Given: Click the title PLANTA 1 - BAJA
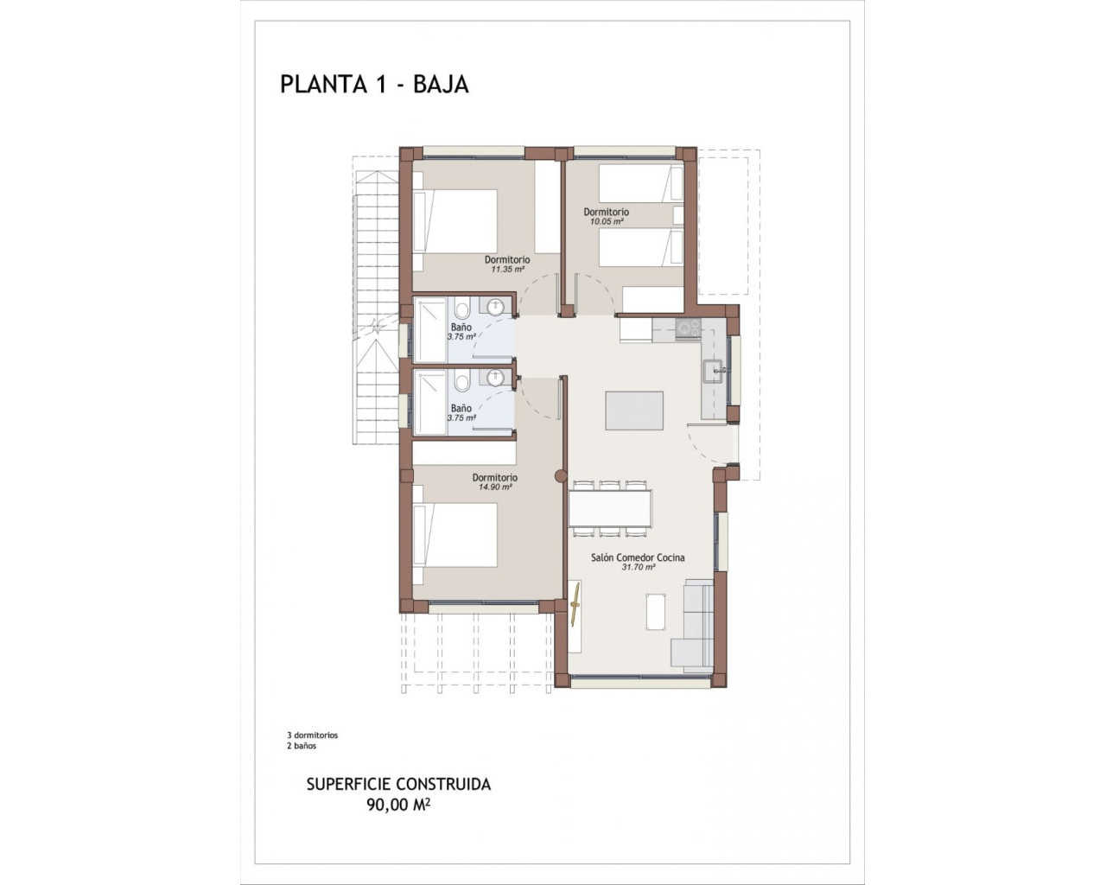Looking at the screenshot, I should [x=374, y=84].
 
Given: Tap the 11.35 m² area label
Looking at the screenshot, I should [x=507, y=270].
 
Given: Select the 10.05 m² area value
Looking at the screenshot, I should [x=606, y=221].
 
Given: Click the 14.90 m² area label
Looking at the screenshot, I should [x=495, y=487].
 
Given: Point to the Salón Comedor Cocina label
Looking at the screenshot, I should [x=638, y=557].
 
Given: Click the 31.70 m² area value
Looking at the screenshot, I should [x=638, y=568].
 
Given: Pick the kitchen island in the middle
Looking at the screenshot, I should [x=634, y=411].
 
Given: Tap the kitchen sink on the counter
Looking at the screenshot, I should [x=715, y=371].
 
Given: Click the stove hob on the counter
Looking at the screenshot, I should [x=688, y=328].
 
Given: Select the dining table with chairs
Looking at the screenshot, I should [x=609, y=507].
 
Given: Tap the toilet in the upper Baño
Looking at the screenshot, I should [x=462, y=309].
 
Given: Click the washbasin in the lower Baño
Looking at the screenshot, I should [x=496, y=378].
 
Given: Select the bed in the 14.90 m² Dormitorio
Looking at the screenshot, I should [x=456, y=535].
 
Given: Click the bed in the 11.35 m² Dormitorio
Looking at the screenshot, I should [x=456, y=221].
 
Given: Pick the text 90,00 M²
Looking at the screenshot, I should [x=398, y=805].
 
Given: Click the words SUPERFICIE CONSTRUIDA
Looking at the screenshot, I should [x=398, y=784].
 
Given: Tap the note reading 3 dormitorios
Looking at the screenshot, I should [x=312, y=735].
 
